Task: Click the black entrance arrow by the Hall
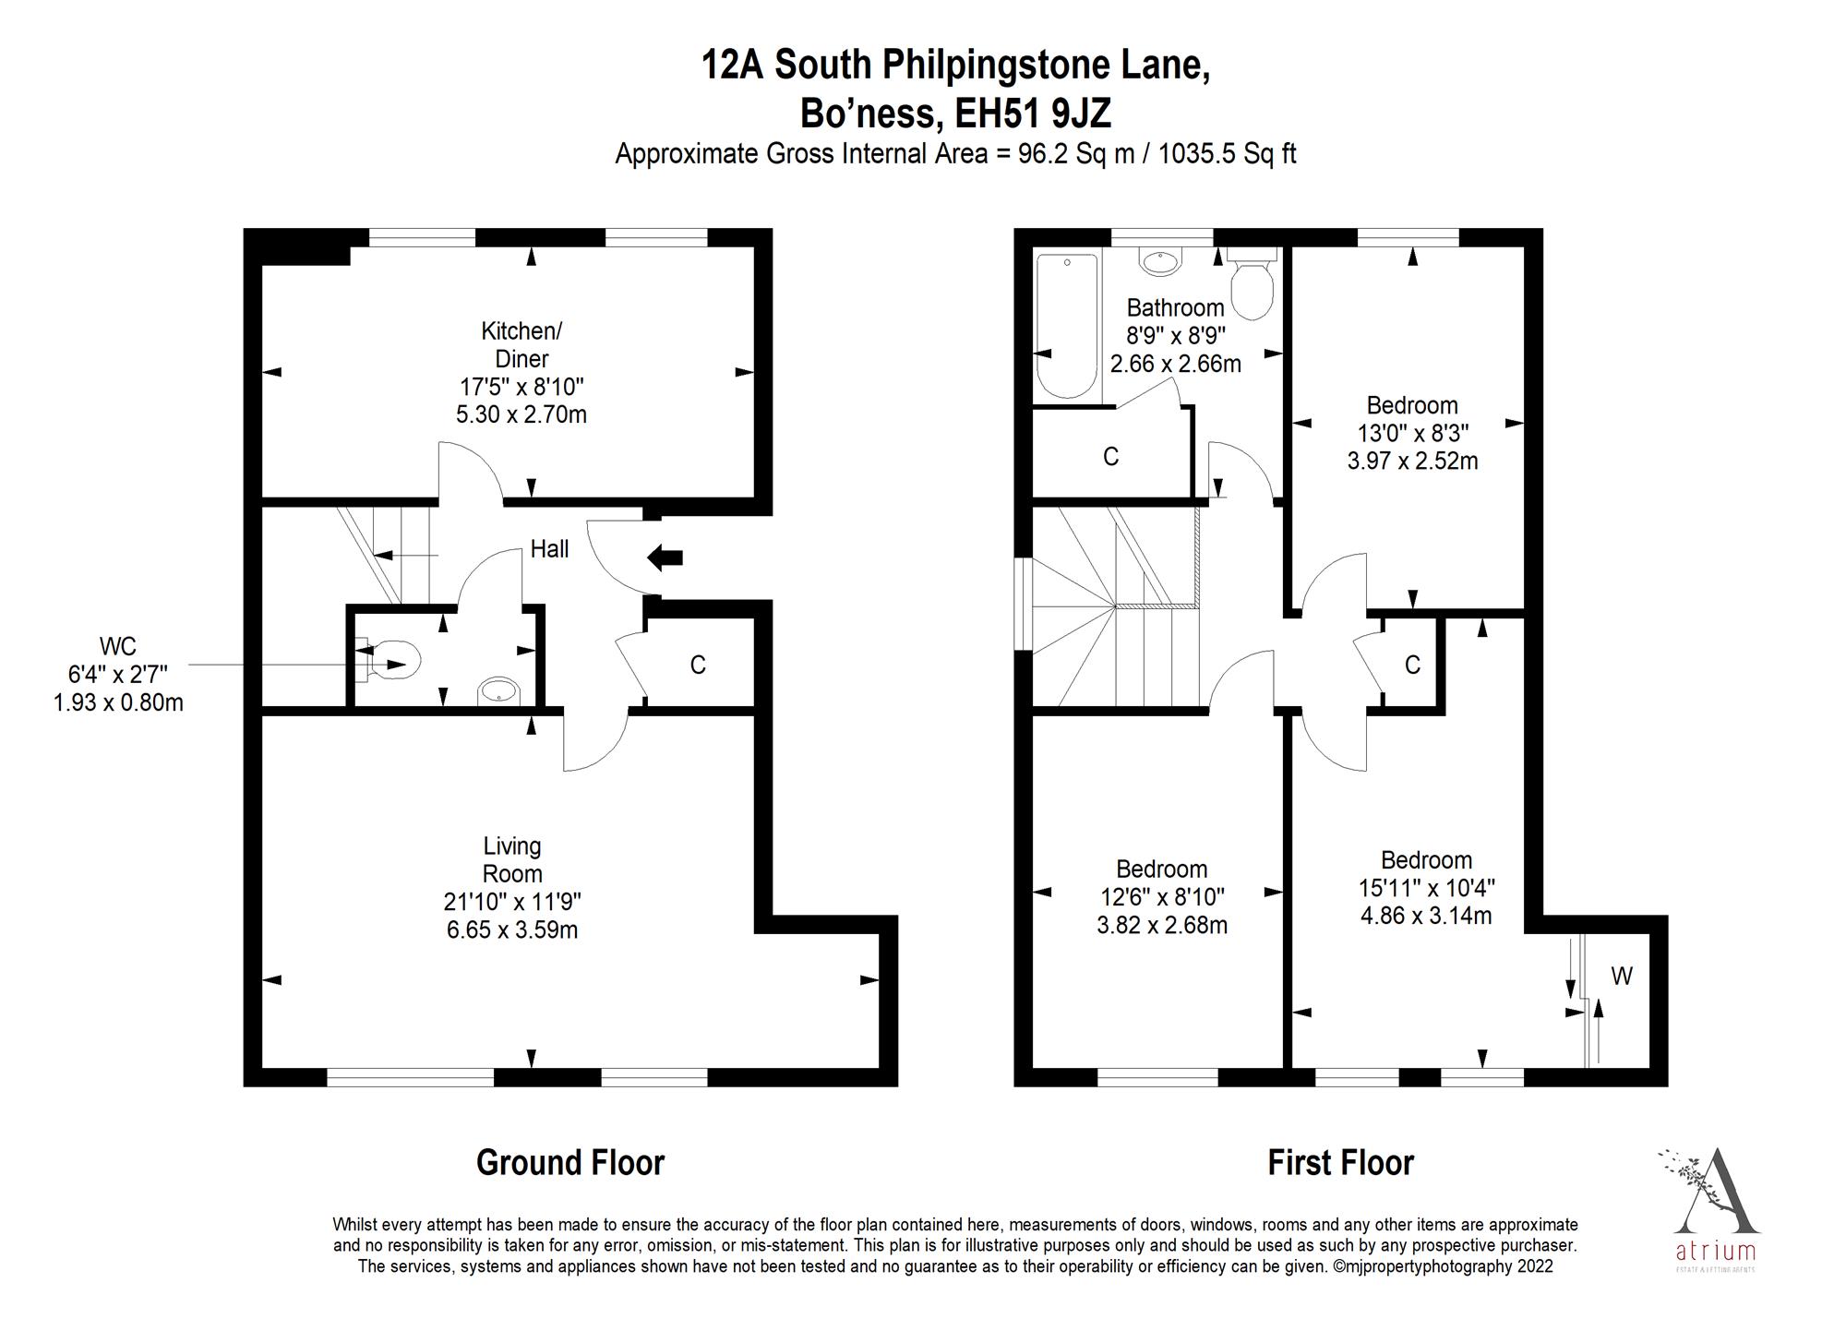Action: pos(665,557)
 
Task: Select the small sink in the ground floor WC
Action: pos(498,690)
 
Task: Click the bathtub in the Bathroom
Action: pos(1067,325)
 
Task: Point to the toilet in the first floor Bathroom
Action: pos(1252,286)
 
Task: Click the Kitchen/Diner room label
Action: pos(521,344)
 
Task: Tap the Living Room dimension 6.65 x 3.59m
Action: pos(512,929)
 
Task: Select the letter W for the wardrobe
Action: pos(1622,976)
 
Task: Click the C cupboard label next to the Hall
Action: pos(698,665)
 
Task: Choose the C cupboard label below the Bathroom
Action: pos(1110,457)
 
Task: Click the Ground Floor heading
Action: pos(569,1163)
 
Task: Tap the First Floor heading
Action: pos(1340,1163)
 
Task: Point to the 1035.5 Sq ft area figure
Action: pos(1227,153)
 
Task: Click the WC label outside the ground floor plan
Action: pos(117,645)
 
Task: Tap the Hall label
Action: pos(549,549)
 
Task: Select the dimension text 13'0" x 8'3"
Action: pos(1412,433)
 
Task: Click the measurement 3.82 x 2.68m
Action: pos(1161,925)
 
